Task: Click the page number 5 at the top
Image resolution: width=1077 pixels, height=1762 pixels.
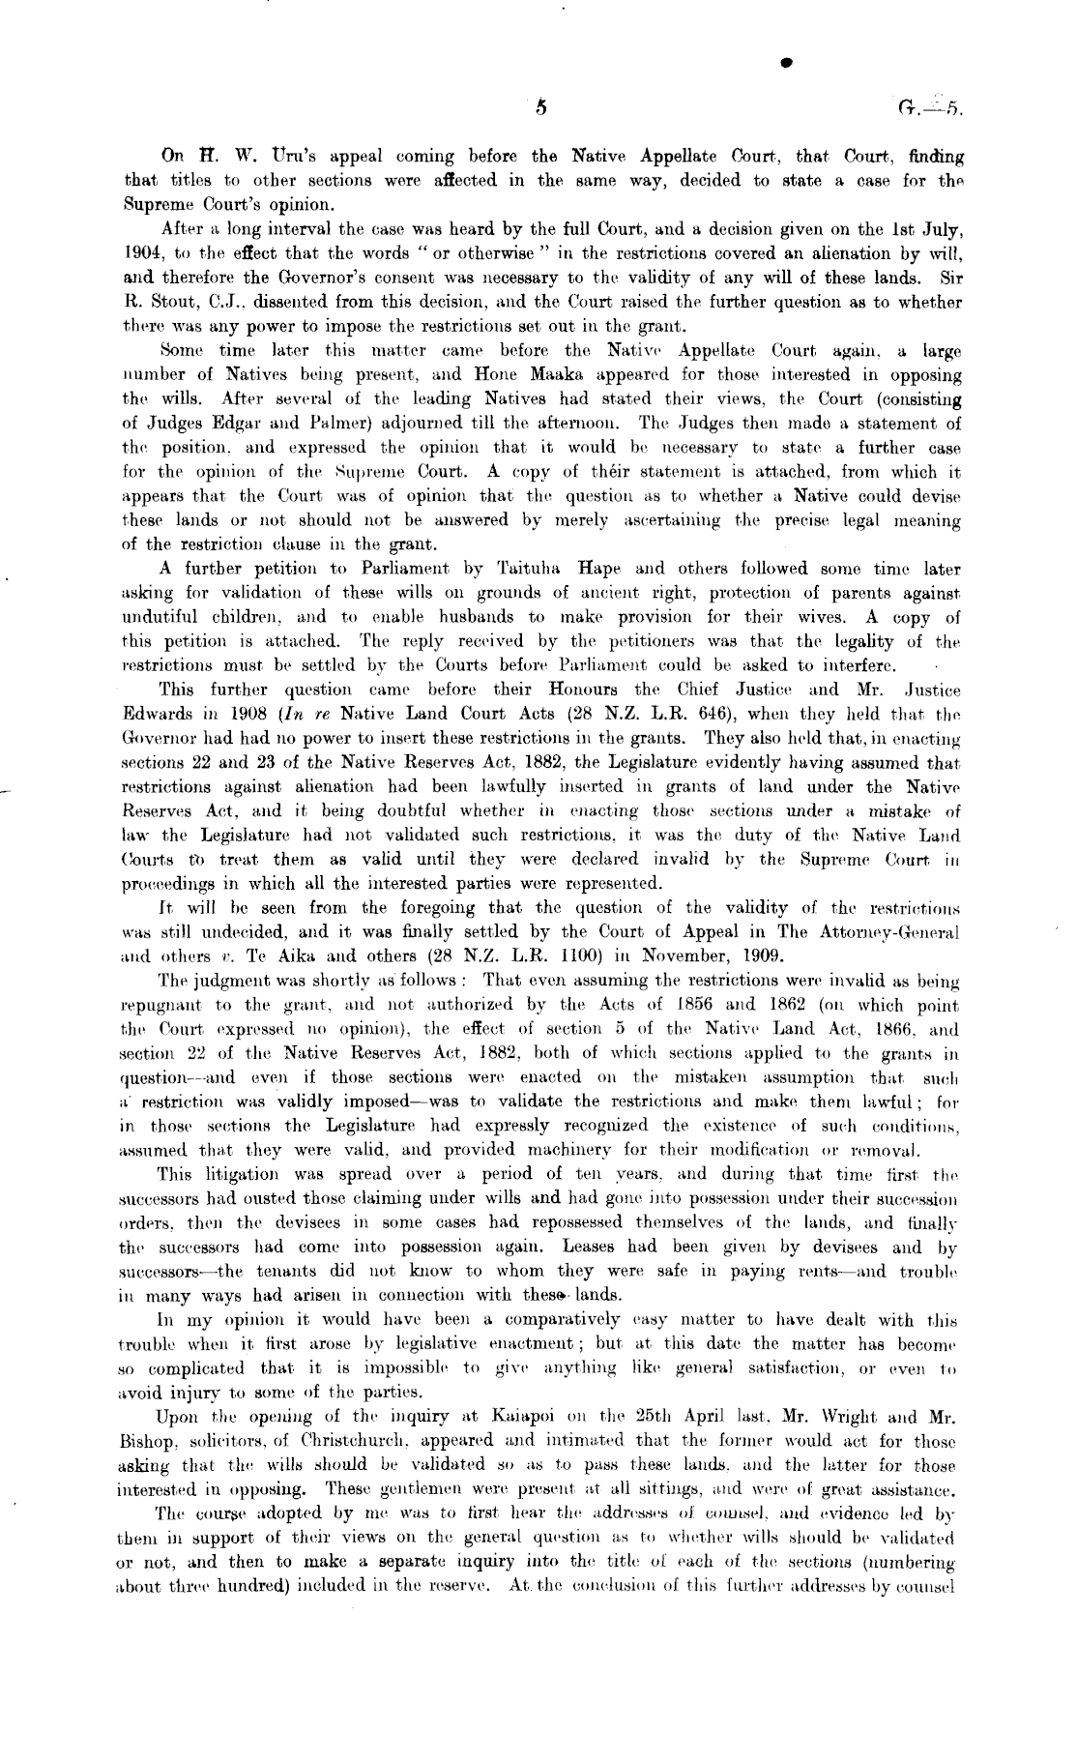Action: point(540,108)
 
